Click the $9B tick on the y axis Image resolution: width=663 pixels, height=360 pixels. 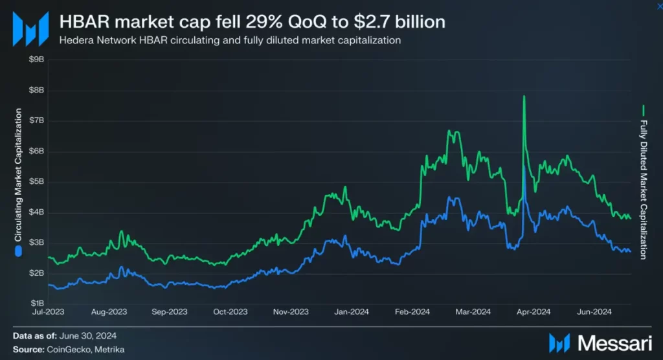[36, 60]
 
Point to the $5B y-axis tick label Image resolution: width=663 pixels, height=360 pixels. [36, 181]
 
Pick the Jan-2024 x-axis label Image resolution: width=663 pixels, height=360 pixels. [352, 312]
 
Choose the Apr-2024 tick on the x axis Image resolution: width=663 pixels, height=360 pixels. [533, 312]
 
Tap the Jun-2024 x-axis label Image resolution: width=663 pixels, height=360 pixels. [594, 312]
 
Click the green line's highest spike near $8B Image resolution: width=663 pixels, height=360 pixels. [524, 96]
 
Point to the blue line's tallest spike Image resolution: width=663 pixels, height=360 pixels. [524, 166]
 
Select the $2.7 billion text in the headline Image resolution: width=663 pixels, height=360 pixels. [403, 22]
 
